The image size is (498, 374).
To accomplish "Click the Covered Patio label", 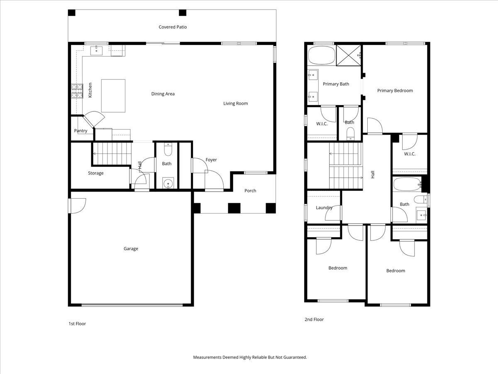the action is pyautogui.click(x=173, y=27).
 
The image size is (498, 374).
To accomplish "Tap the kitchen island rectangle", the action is pyautogui.click(x=113, y=96).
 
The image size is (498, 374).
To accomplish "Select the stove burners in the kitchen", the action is pyautogui.click(x=77, y=91).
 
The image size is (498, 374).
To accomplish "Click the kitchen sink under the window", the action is pyautogui.click(x=96, y=51).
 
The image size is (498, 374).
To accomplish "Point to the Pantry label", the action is pyautogui.click(x=81, y=130).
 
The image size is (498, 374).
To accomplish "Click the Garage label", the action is pyautogui.click(x=131, y=249).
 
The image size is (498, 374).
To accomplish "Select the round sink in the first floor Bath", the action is pyautogui.click(x=168, y=183).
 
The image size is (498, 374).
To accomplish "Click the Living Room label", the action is pyautogui.click(x=235, y=103).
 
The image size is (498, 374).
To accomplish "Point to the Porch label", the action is pyautogui.click(x=250, y=191).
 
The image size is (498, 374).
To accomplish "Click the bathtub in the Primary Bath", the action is pyautogui.click(x=322, y=55).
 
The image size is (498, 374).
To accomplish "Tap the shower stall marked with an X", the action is pyautogui.click(x=349, y=55).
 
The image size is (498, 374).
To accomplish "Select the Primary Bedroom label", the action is pyautogui.click(x=395, y=91).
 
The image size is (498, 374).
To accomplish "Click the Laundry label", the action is pyautogui.click(x=324, y=207).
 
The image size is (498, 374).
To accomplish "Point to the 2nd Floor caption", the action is pyautogui.click(x=314, y=320).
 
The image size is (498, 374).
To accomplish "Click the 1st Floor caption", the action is pyautogui.click(x=77, y=324).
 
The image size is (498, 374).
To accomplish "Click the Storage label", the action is pyautogui.click(x=96, y=173).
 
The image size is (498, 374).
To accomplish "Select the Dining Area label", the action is pyautogui.click(x=163, y=94).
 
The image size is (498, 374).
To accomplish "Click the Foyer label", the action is pyautogui.click(x=211, y=160).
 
